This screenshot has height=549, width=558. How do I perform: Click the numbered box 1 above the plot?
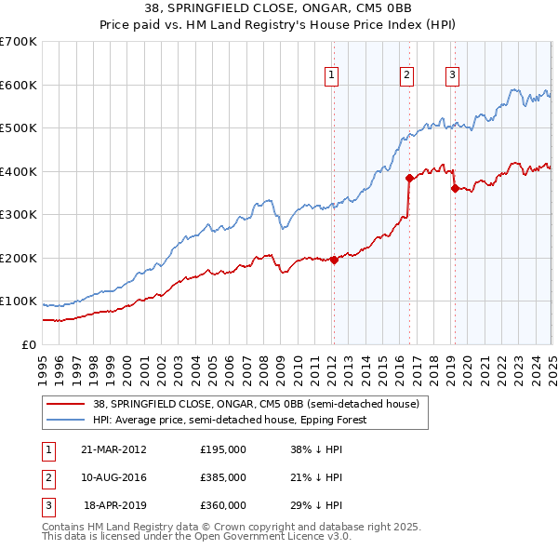click(x=332, y=76)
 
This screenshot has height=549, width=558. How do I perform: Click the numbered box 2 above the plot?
click(x=407, y=76)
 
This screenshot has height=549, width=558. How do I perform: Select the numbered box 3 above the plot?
click(x=453, y=76)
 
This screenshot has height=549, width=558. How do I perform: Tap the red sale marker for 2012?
click(x=334, y=261)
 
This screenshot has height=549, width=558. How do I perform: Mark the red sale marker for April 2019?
click(x=455, y=189)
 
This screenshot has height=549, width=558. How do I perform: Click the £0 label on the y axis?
click(x=28, y=344)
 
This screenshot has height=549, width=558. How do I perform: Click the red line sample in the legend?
click(x=65, y=404)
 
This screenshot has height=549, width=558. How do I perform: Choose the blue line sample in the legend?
click(x=65, y=420)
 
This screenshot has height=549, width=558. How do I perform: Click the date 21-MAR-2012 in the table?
click(x=113, y=449)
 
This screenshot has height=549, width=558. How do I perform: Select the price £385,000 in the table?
click(x=223, y=477)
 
